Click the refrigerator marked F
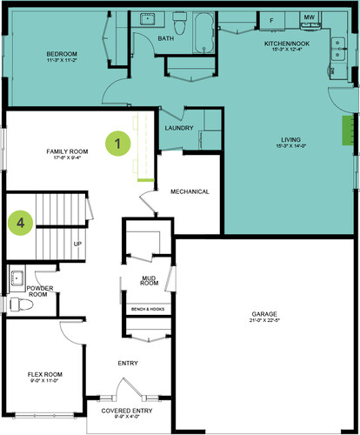coord(271,19)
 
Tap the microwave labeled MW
coord(309,17)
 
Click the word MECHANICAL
coord(190,191)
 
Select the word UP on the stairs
coord(77,244)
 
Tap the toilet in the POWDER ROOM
coord(17,304)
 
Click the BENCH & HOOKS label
coord(148,309)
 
